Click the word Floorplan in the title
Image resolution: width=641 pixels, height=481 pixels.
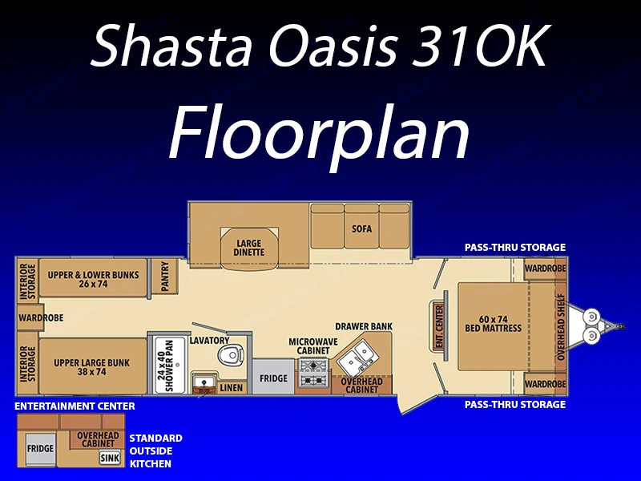click(319, 133)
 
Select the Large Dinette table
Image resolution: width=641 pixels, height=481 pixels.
click(249, 249)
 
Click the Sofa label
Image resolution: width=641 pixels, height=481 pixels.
click(362, 228)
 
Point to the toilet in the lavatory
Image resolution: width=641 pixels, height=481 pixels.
click(231, 354)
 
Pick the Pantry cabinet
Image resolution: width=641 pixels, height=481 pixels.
click(165, 276)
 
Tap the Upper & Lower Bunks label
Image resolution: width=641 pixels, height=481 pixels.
click(93, 279)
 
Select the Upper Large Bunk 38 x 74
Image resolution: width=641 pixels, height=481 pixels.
click(93, 366)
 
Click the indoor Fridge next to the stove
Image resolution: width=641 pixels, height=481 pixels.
click(273, 377)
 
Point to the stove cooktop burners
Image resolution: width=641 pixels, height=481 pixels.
click(314, 373)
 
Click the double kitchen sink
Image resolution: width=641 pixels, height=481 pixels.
click(354, 357)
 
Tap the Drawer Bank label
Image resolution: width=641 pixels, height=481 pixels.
click(364, 326)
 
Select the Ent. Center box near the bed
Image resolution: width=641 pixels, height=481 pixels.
click(439, 327)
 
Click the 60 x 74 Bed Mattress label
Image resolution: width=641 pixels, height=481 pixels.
click(494, 324)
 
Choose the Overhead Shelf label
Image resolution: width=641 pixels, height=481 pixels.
click(560, 327)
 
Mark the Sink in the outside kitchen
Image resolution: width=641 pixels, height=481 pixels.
click(110, 458)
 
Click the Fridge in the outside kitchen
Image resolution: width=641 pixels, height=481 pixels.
click(41, 449)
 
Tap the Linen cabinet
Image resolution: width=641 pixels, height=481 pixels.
click(232, 387)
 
